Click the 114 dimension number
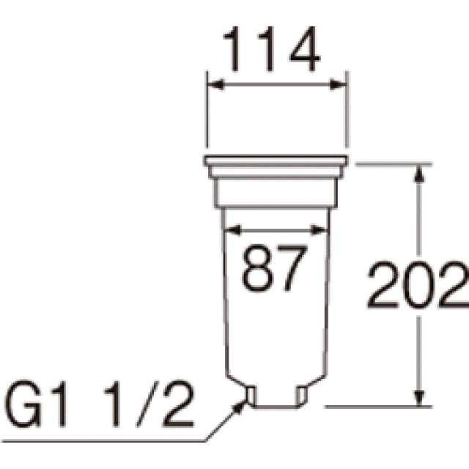272,49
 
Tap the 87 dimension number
274,268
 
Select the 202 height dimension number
418,285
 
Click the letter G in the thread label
23,404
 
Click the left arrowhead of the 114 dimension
215,85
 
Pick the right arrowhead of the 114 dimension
338,85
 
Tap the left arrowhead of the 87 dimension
232,230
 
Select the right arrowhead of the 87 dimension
320,230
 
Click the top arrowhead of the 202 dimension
419,174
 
